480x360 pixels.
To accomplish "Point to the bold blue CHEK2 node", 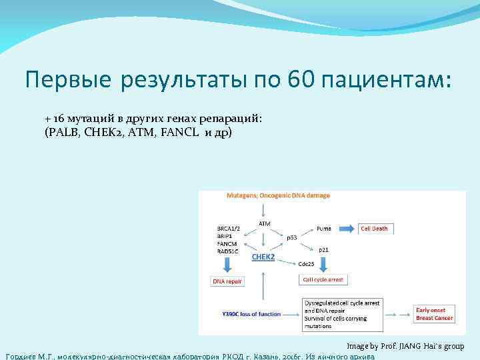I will [263, 256].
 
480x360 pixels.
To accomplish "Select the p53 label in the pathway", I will [292, 237].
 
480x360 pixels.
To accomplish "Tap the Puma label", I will [324, 228].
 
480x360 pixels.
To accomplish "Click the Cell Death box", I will [377, 228].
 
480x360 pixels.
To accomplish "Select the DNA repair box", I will [227, 281].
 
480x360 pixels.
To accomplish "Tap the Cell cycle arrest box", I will [323, 280].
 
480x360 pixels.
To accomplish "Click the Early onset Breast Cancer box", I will [434, 314].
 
